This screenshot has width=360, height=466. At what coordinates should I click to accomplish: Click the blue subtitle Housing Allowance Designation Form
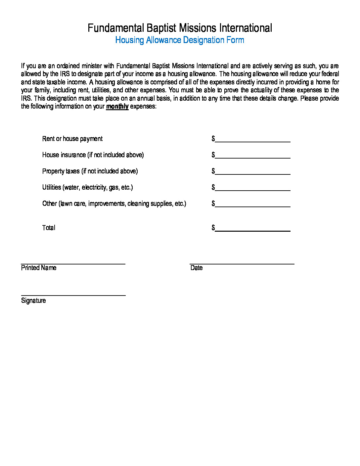tap(180, 40)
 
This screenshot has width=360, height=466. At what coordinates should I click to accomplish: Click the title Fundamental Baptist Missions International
tap(180, 28)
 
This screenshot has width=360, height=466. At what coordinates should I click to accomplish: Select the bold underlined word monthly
tap(117, 106)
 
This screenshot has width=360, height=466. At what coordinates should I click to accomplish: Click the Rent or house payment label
tap(72, 139)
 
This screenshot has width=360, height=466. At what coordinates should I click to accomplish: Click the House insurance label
tap(93, 155)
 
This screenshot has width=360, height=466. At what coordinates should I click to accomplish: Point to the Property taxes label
tap(90, 171)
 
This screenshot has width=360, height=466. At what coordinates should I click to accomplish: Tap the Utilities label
tap(87, 187)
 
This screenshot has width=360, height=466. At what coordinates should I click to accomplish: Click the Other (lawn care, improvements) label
tap(114, 204)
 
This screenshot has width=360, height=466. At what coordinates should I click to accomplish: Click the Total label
tap(49, 228)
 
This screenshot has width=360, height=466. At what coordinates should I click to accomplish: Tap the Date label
tap(197, 268)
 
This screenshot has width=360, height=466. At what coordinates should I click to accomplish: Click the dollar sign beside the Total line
tap(213, 228)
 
